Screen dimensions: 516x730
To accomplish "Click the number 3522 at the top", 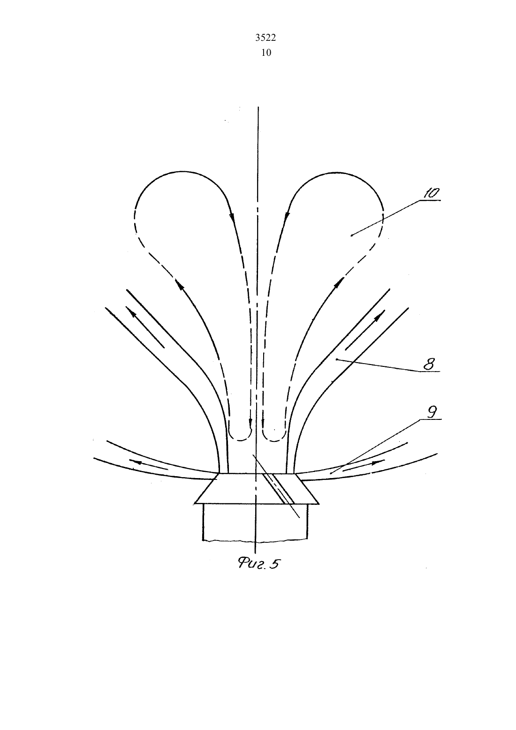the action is (265, 38).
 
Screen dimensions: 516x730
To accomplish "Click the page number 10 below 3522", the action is (266, 53).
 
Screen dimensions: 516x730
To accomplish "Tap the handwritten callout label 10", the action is (431, 194).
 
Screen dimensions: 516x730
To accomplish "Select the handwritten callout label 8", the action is (429, 364).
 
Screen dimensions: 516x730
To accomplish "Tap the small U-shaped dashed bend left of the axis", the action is (240, 435).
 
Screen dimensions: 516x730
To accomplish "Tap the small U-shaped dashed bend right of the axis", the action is (274, 435).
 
